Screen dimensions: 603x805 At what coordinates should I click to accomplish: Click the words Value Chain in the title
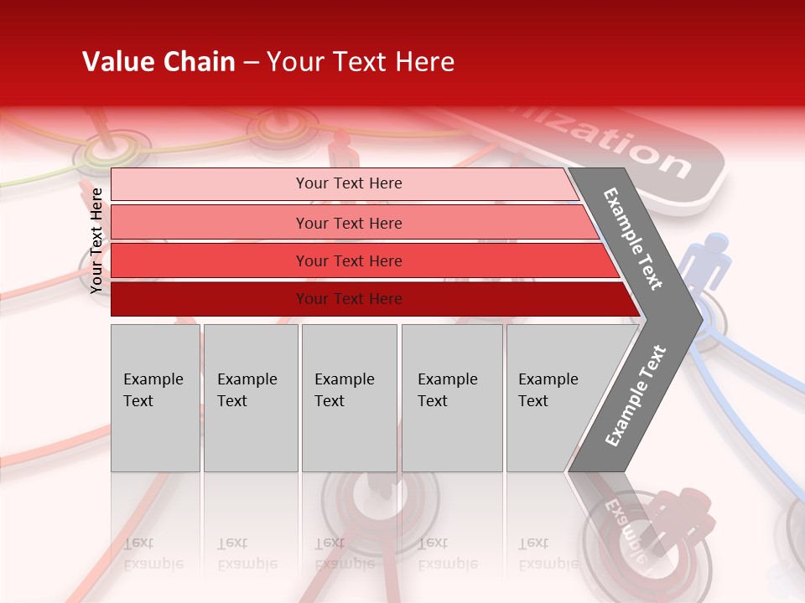[x=158, y=62]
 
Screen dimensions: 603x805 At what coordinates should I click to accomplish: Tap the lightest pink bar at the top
[x=348, y=183]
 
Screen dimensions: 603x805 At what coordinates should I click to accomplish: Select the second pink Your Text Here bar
[x=348, y=223]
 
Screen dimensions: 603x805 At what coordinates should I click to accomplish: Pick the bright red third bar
[x=348, y=260]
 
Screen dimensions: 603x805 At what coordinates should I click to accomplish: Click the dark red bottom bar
[x=348, y=299]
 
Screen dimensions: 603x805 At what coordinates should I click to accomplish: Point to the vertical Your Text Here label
[x=96, y=240]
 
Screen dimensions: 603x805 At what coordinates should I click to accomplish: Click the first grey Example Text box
[x=155, y=398]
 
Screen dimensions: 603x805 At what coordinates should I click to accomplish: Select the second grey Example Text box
[x=251, y=398]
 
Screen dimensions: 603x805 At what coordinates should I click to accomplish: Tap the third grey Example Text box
[x=349, y=398]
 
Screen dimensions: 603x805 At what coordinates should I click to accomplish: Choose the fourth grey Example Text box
[x=452, y=398]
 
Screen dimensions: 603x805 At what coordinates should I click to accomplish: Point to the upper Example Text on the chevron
[x=633, y=239]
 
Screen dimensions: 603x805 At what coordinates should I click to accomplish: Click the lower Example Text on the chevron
[x=635, y=396]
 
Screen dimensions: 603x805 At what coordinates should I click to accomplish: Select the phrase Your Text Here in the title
[x=361, y=62]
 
